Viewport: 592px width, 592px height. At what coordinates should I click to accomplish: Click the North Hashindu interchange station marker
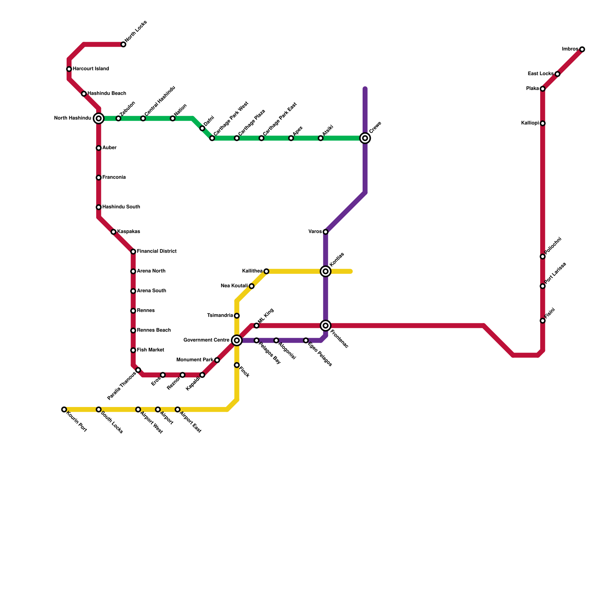tap(99, 118)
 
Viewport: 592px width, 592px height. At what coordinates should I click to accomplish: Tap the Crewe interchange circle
tap(365, 138)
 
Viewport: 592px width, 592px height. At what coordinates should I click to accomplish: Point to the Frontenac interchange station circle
tap(326, 326)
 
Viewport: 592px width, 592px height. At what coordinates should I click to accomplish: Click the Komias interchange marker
tap(326, 272)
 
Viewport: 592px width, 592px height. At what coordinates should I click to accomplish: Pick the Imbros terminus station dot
tap(582, 50)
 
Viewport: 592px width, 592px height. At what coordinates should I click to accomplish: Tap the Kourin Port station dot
tap(64, 410)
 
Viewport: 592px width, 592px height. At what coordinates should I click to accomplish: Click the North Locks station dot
tap(123, 45)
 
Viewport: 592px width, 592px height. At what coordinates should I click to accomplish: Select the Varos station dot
tap(326, 232)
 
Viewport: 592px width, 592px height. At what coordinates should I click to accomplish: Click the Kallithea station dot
tap(266, 272)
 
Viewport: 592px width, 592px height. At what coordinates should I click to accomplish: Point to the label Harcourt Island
tap(91, 69)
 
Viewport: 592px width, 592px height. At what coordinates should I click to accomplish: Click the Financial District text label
tap(157, 252)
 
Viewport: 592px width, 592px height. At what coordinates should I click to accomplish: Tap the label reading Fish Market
tap(151, 350)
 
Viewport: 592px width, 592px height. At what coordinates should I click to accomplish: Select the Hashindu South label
tap(121, 207)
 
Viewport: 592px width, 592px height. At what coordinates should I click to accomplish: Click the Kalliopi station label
tap(530, 123)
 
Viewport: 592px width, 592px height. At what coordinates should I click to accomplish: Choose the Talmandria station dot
tap(237, 316)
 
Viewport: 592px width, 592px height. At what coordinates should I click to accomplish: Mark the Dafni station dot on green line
tap(202, 128)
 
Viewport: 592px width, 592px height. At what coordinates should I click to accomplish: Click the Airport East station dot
tap(178, 410)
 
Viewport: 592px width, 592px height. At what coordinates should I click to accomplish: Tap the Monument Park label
tap(195, 360)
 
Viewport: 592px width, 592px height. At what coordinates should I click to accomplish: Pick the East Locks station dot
tap(558, 74)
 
